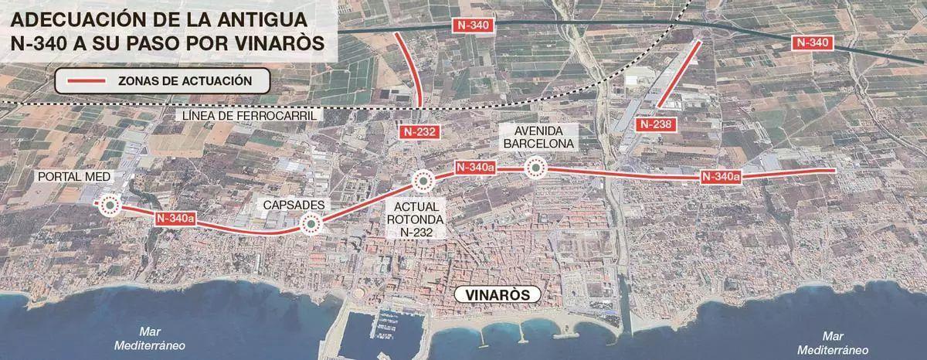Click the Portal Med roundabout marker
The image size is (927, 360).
108,205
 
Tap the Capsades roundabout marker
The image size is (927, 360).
311,224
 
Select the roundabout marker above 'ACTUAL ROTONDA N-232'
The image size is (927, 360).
422,181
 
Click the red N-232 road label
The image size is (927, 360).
421,132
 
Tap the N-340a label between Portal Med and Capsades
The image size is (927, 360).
174,219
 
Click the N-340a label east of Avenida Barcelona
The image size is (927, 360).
721,177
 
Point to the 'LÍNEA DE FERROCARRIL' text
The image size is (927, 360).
250,116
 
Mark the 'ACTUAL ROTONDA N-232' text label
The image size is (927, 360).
415,219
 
